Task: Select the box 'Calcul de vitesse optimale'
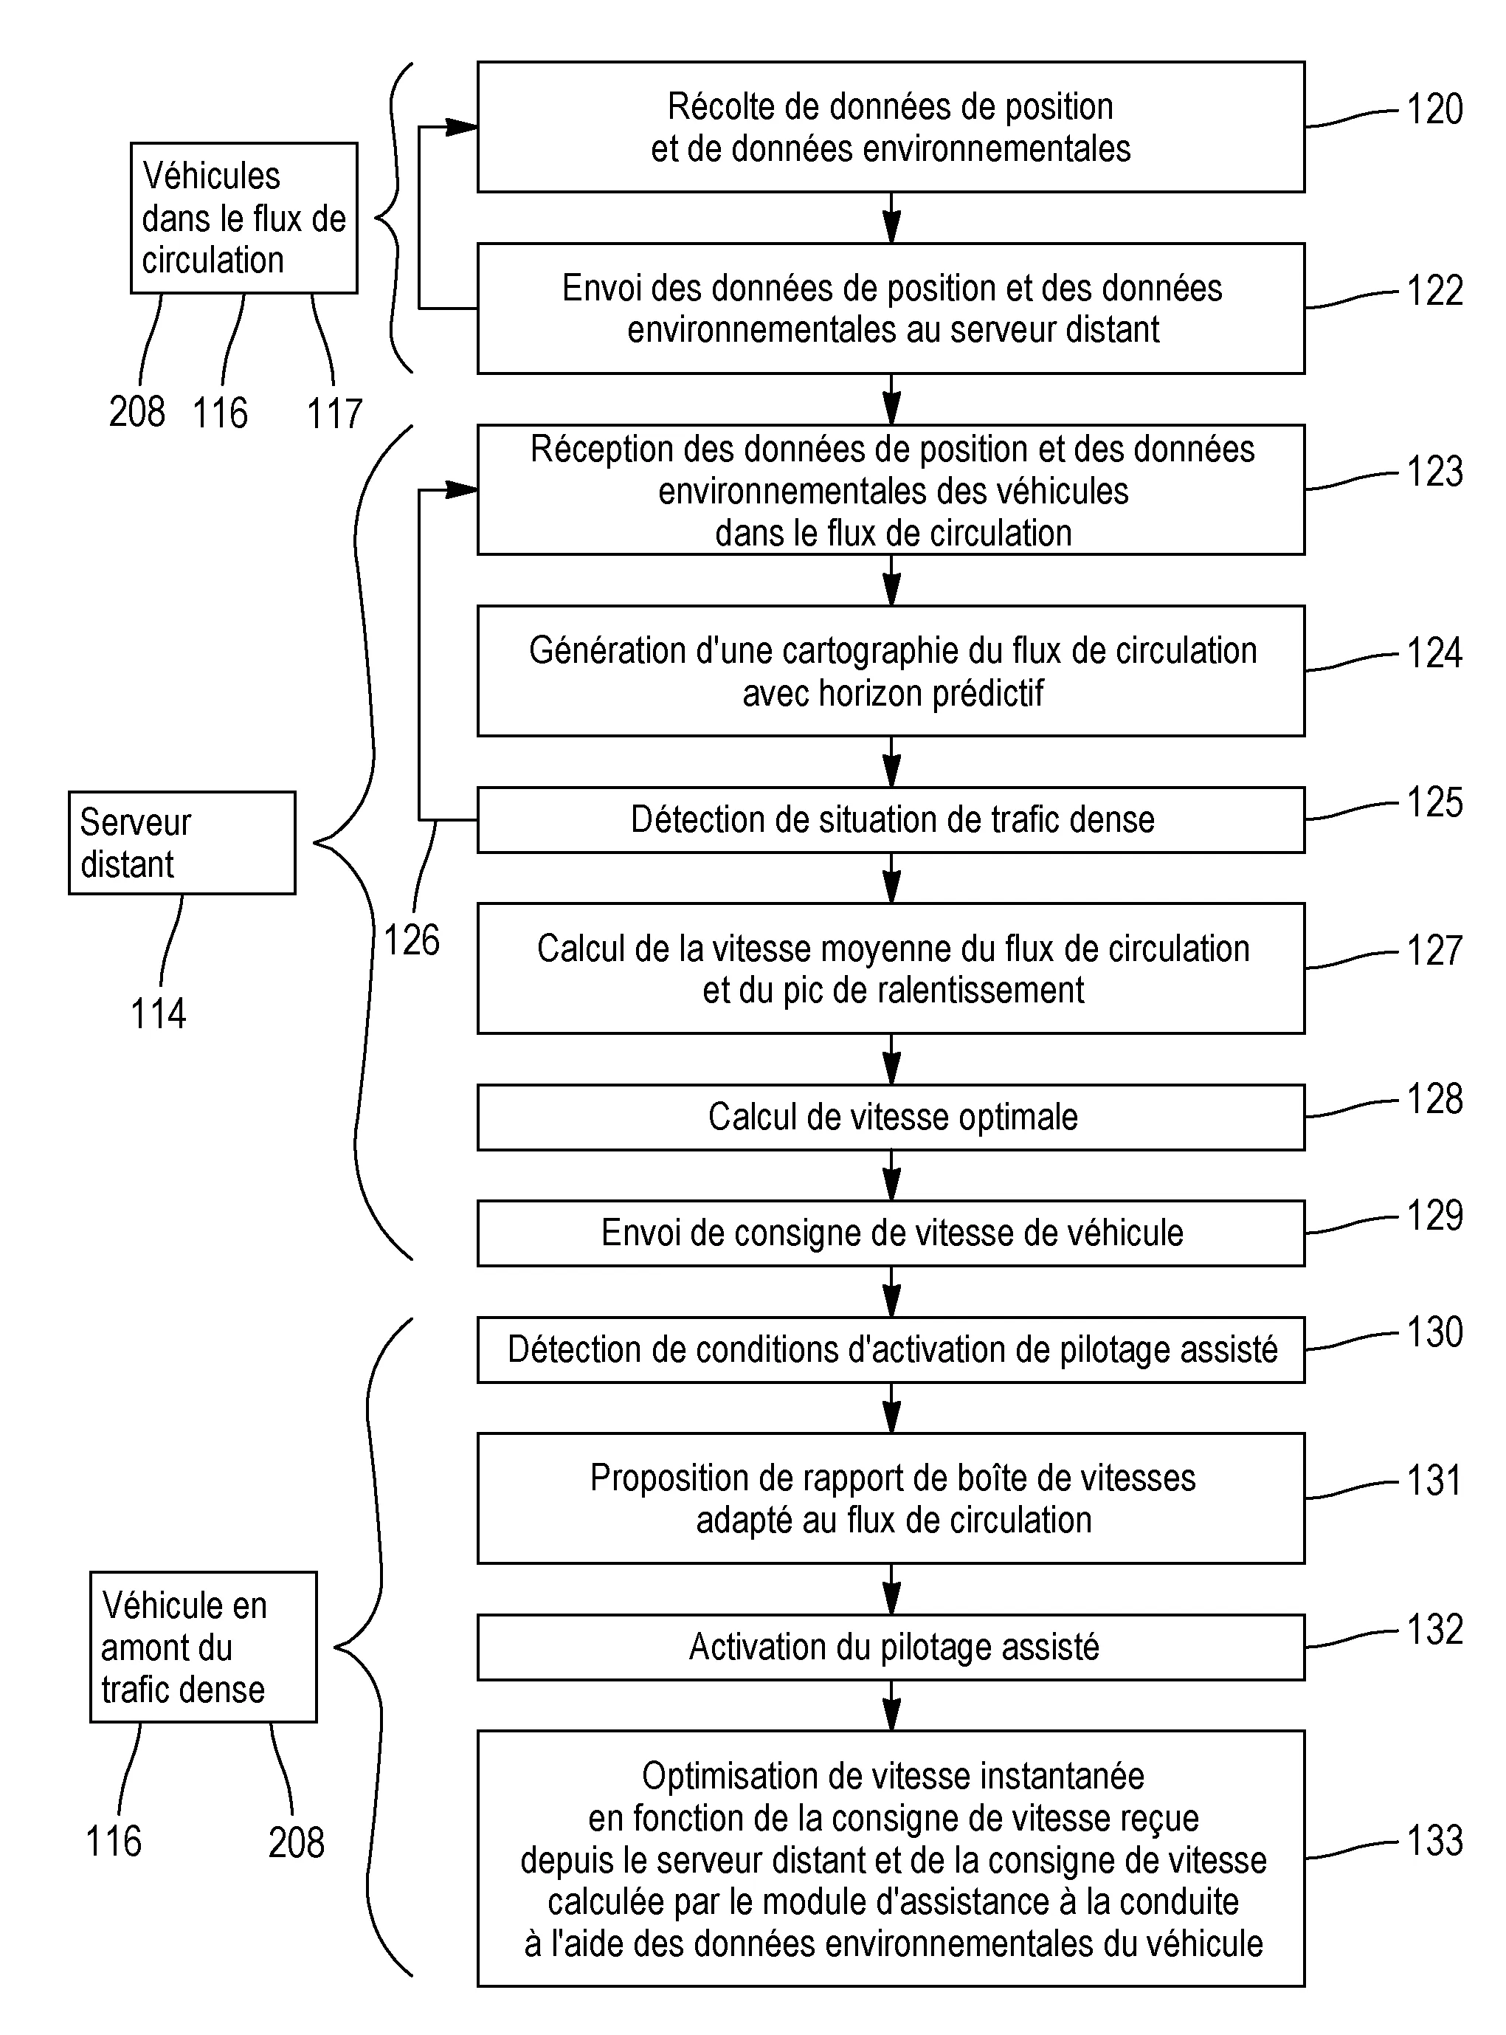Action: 891,1117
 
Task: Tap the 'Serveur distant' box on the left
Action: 182,842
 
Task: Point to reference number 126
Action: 411,940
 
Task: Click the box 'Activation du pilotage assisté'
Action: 891,1647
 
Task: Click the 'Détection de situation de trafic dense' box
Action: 891,819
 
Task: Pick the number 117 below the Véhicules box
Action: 334,414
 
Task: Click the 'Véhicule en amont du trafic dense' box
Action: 204,1647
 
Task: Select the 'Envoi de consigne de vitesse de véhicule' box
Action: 891,1233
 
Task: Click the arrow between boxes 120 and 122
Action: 891,218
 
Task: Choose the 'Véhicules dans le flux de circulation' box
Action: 243,218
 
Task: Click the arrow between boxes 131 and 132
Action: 891,1590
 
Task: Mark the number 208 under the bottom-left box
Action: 295,1842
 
